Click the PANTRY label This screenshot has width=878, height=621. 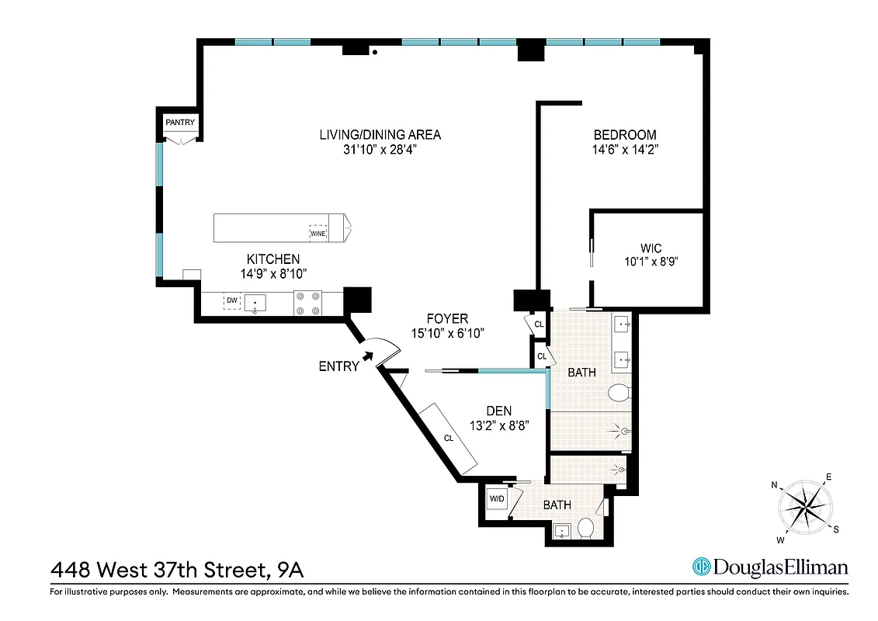pyautogui.click(x=179, y=122)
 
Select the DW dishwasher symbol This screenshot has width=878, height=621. pyautogui.click(x=231, y=300)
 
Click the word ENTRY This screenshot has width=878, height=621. pyautogui.click(x=339, y=366)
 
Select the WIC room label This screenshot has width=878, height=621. pyautogui.click(x=651, y=248)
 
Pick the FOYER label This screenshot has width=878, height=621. pyautogui.click(x=447, y=318)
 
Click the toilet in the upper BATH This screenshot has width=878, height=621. pyautogui.click(x=617, y=392)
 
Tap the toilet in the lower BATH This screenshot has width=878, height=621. pyautogui.click(x=587, y=529)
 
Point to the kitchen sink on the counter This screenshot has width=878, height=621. pyautogui.click(x=255, y=302)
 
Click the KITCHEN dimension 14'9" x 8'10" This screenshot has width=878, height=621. pyautogui.click(x=273, y=273)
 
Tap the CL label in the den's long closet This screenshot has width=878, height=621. pyautogui.click(x=449, y=438)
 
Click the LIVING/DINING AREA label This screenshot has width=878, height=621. pyautogui.click(x=380, y=134)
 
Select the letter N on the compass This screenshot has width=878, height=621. pyautogui.click(x=774, y=485)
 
